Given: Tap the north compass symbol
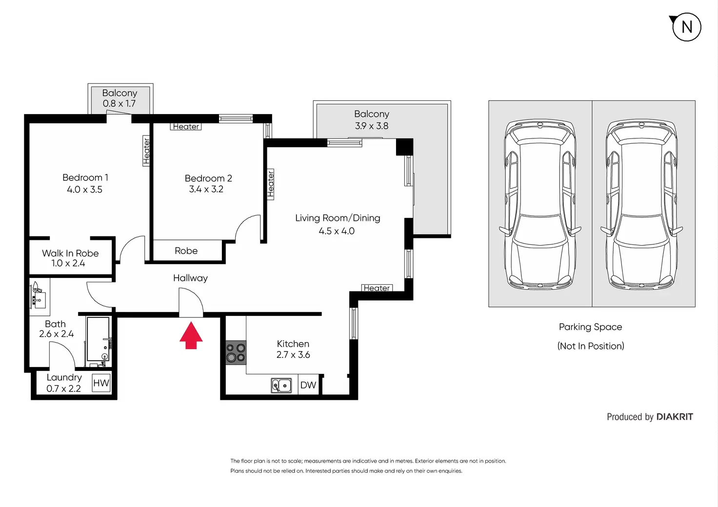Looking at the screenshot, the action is pyautogui.click(x=686, y=27).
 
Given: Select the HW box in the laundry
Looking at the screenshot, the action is pyautogui.click(x=101, y=383).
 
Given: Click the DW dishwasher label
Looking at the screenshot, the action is pyautogui.click(x=308, y=385).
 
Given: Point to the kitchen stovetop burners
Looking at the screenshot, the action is pyautogui.click(x=236, y=352).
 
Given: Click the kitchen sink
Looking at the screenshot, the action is pyautogui.click(x=281, y=385).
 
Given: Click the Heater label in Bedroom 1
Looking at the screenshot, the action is pyautogui.click(x=146, y=151).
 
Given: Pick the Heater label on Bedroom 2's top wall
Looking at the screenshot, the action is pyautogui.click(x=186, y=127).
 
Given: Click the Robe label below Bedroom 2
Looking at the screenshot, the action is pyautogui.click(x=186, y=251).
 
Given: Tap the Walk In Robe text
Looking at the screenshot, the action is pyautogui.click(x=70, y=253).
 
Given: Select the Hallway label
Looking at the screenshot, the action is pyautogui.click(x=190, y=278).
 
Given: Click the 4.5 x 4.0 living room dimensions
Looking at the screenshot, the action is pyautogui.click(x=337, y=231).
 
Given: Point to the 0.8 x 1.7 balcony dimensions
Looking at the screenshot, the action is pyautogui.click(x=119, y=103).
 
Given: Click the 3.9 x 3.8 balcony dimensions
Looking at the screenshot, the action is pyautogui.click(x=372, y=126).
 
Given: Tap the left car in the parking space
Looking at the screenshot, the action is pyautogui.click(x=540, y=204).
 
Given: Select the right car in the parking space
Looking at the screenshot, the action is pyautogui.click(x=642, y=205).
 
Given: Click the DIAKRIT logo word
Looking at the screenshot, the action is pyautogui.click(x=675, y=417).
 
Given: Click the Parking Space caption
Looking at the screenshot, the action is pyautogui.click(x=590, y=327).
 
